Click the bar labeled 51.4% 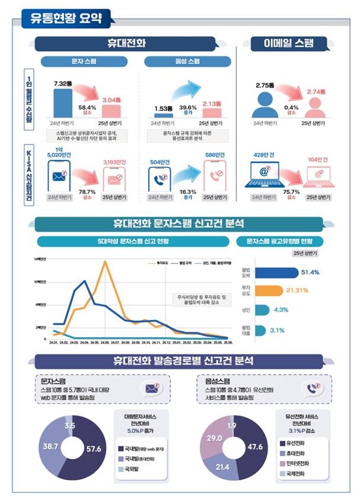click(x=277, y=272)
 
